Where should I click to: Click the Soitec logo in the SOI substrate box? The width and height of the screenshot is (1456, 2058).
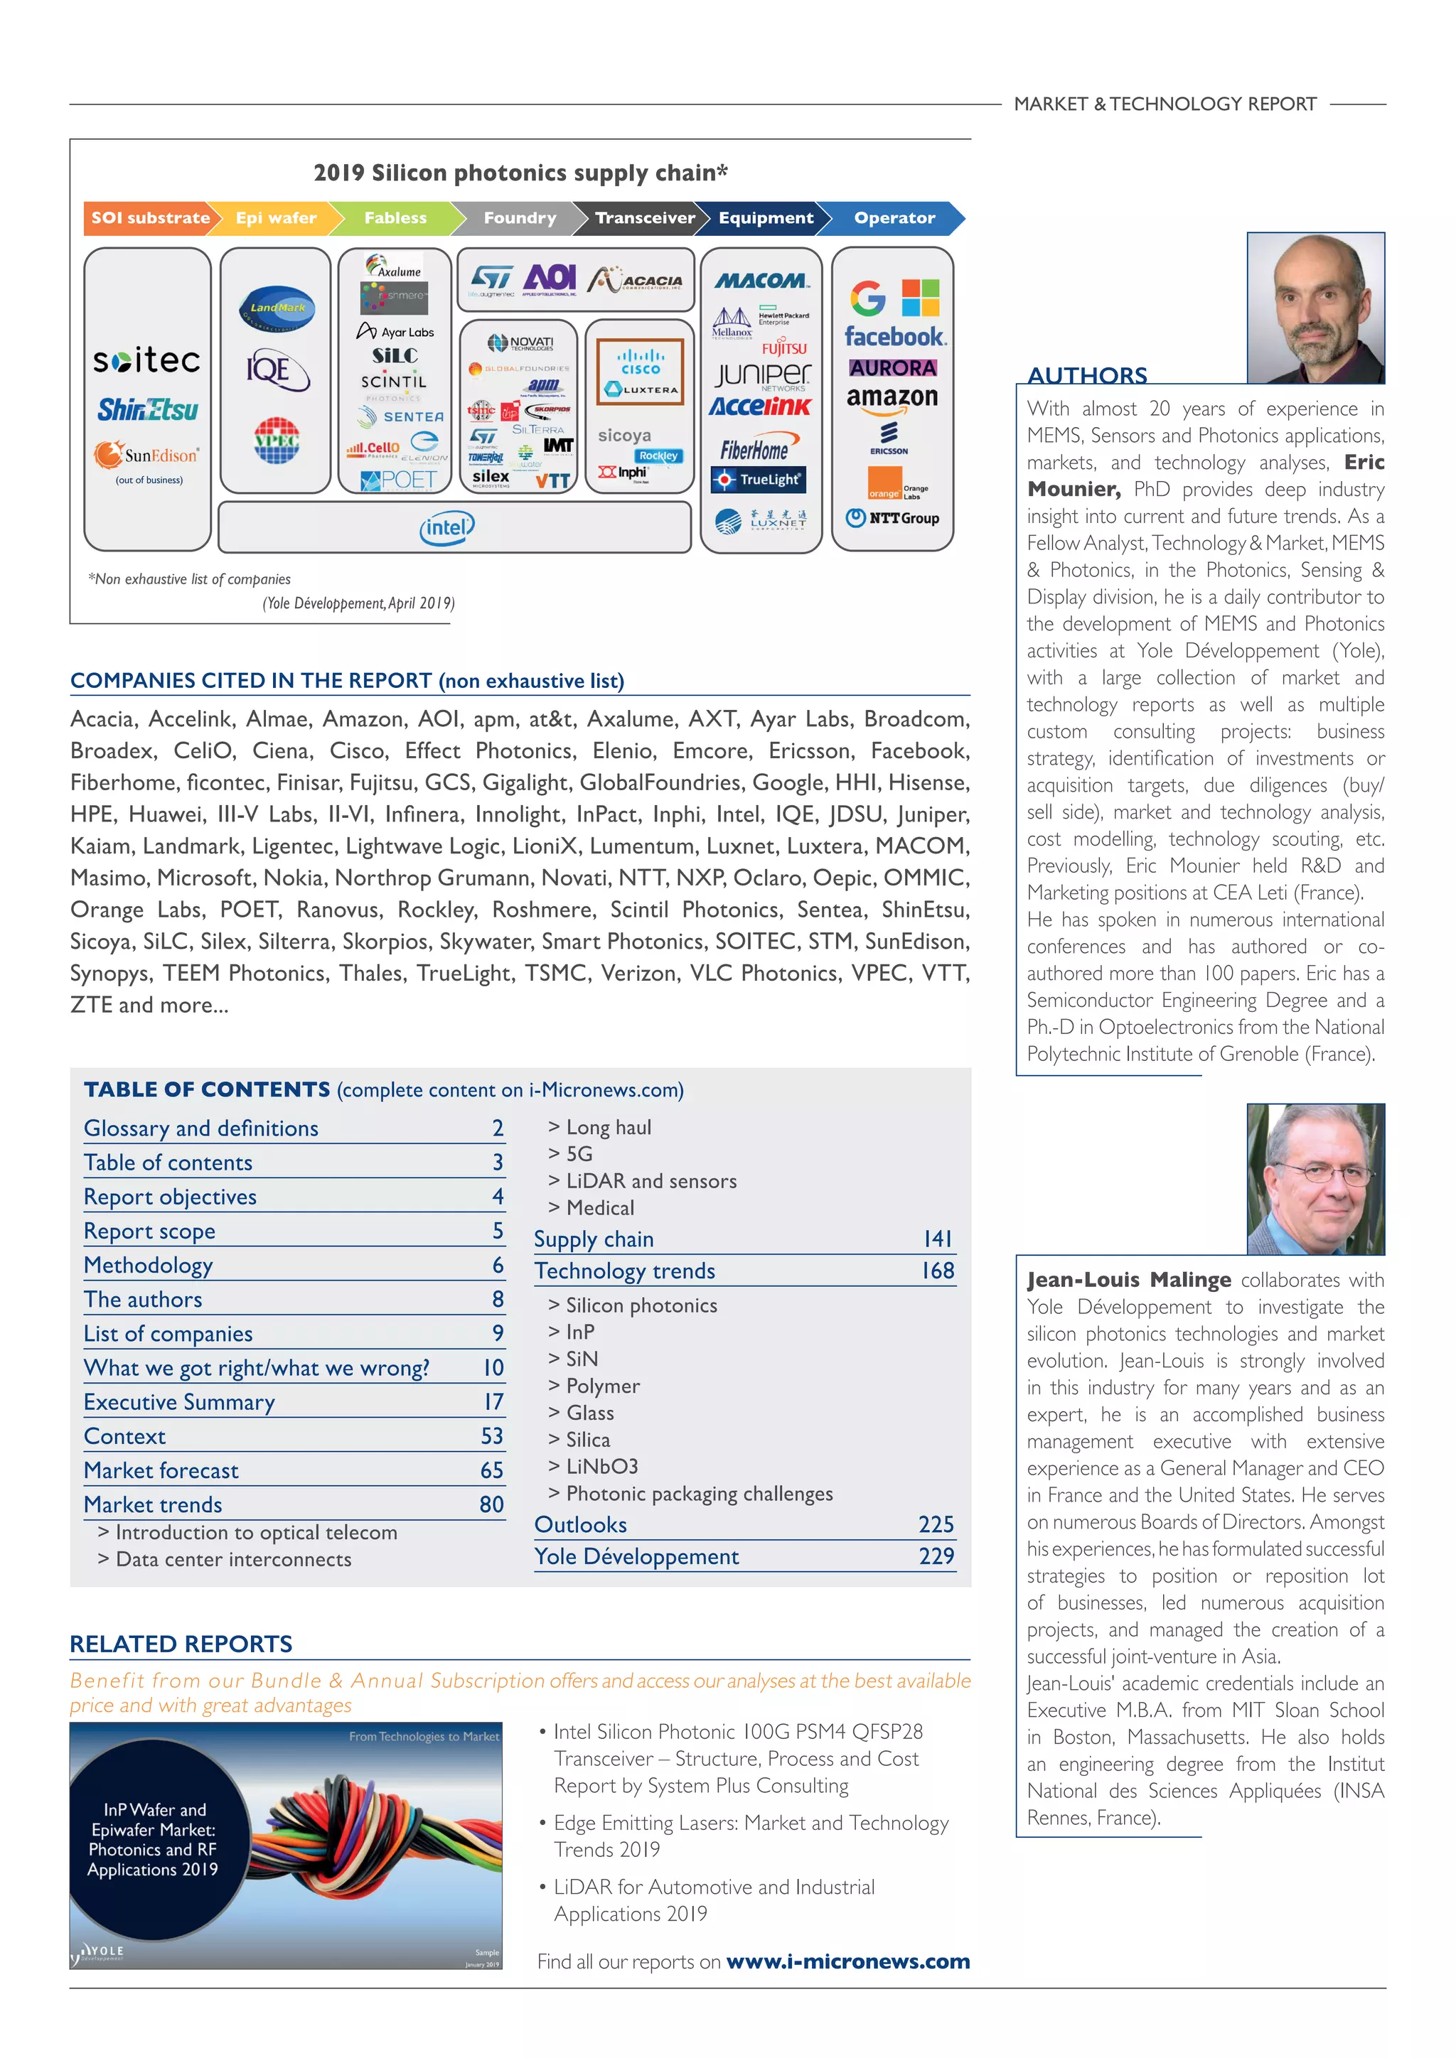tap(147, 360)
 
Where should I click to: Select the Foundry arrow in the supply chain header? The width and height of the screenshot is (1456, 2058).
tap(519, 218)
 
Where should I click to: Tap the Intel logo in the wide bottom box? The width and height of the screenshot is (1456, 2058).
tap(446, 528)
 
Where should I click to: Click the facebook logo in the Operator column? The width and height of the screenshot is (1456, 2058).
tap(894, 337)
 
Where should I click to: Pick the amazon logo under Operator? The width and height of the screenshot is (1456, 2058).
tap(892, 399)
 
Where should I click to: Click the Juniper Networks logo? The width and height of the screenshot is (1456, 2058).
tap(763, 375)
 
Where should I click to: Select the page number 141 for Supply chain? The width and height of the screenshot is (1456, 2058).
tap(937, 1239)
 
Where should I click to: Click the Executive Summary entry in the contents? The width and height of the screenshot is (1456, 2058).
tap(179, 1402)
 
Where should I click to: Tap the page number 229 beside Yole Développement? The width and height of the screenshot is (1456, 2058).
tap(936, 1556)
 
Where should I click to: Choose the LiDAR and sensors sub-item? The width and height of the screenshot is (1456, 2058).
tap(651, 1181)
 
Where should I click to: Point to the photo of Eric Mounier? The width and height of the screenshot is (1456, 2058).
tap(1315, 308)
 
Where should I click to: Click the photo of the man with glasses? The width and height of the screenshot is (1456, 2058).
tap(1315, 1179)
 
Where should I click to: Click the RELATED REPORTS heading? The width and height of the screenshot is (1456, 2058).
tap(181, 1644)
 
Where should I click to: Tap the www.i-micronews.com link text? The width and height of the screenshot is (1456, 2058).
tap(847, 1961)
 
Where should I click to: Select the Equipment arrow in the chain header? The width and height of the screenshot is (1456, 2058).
tap(766, 218)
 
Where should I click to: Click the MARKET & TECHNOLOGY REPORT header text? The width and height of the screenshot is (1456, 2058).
tap(1165, 104)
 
